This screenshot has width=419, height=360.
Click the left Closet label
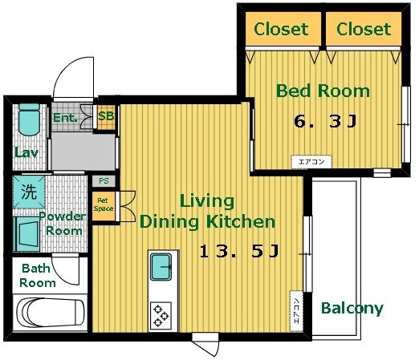(281, 29)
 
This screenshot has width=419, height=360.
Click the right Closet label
(364, 29)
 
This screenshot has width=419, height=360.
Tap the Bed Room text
(323, 91)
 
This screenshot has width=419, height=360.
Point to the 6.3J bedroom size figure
(325, 121)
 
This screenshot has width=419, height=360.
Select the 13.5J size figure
(239, 251)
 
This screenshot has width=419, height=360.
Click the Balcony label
(352, 309)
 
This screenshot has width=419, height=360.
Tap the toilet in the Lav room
(29, 119)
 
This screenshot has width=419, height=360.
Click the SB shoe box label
(106, 116)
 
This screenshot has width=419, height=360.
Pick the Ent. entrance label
(65, 118)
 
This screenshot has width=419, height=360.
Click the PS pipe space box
(104, 181)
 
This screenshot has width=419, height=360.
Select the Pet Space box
(104, 205)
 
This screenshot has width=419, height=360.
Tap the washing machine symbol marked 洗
(29, 192)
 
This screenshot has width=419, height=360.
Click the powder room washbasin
(26, 234)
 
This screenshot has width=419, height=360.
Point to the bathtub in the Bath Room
(51, 313)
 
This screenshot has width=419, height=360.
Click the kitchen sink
(161, 266)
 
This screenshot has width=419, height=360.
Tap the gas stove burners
(161, 316)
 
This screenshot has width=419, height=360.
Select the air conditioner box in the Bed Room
(311, 162)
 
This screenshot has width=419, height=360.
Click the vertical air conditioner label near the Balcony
(296, 311)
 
